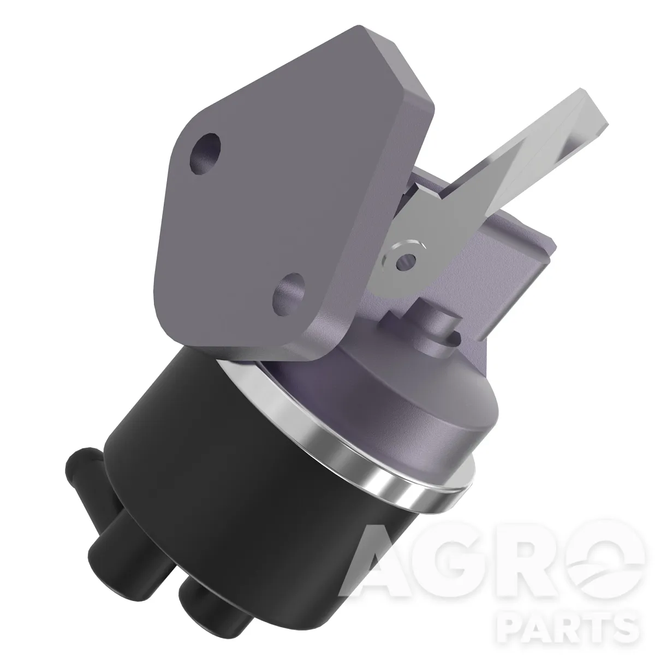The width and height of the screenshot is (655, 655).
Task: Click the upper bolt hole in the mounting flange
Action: [205, 154]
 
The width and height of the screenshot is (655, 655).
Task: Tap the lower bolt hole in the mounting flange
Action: [289, 295]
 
